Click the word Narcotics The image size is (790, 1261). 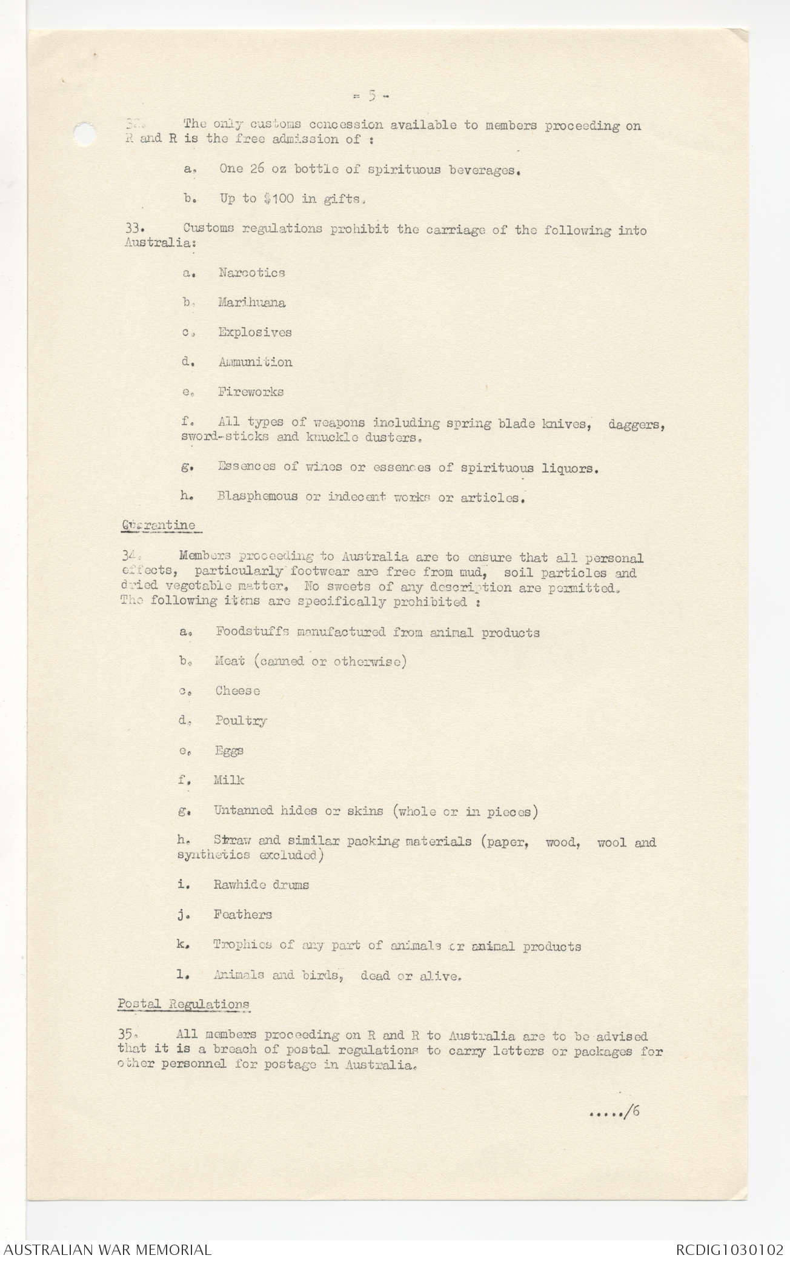click(x=251, y=273)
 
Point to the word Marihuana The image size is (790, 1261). click(x=251, y=302)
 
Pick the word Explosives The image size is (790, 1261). click(x=255, y=332)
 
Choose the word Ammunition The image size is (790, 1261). click(x=255, y=362)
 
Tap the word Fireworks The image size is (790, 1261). click(x=251, y=392)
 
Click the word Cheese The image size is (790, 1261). click(x=237, y=691)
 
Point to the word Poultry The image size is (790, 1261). click(x=241, y=721)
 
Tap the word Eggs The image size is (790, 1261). click(x=229, y=750)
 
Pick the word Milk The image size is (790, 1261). click(x=228, y=780)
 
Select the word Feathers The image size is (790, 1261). click(x=242, y=915)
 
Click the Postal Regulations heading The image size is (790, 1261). click(x=184, y=1004)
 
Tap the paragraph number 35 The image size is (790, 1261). click(x=125, y=1036)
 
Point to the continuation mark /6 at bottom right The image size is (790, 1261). click(x=634, y=1111)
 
